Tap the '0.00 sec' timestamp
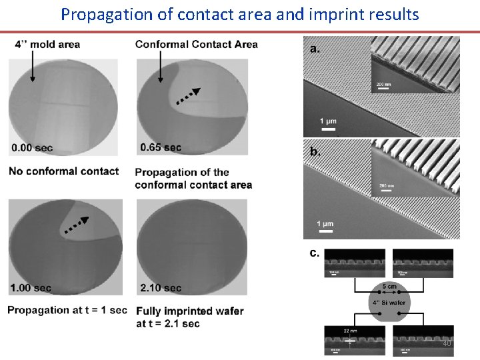click(x=32, y=147)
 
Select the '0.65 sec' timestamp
click(x=161, y=147)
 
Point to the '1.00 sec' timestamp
click(x=31, y=288)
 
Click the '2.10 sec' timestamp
click(x=161, y=288)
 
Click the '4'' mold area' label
click(x=47, y=45)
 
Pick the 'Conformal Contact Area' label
click(x=196, y=45)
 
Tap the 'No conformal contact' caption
click(x=63, y=171)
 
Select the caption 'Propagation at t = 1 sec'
click(x=67, y=310)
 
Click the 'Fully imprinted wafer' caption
click(x=189, y=311)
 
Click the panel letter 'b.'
click(x=315, y=151)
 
